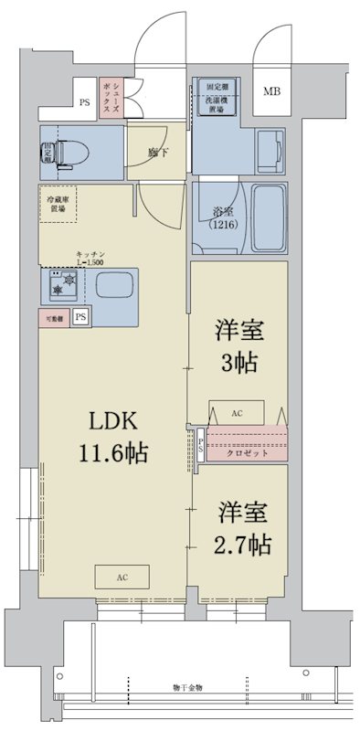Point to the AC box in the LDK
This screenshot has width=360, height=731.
point(122,577)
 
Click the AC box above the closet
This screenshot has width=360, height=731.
point(238,413)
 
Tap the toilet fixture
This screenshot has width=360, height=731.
point(60,153)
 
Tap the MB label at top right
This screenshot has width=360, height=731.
point(273,92)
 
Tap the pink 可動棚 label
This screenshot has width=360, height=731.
point(54,317)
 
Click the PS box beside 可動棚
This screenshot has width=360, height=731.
point(81,317)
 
